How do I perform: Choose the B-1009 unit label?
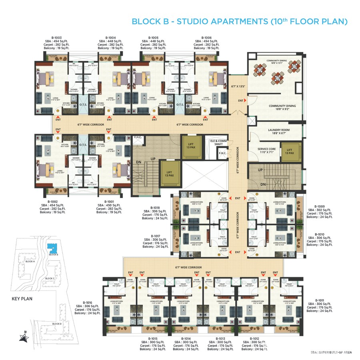pyautogui.click(x=319, y=207)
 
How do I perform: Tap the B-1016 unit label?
pyautogui.click(x=87, y=303)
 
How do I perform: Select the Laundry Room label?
pyautogui.click(x=279, y=130)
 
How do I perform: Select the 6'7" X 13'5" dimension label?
pyautogui.click(x=238, y=86)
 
